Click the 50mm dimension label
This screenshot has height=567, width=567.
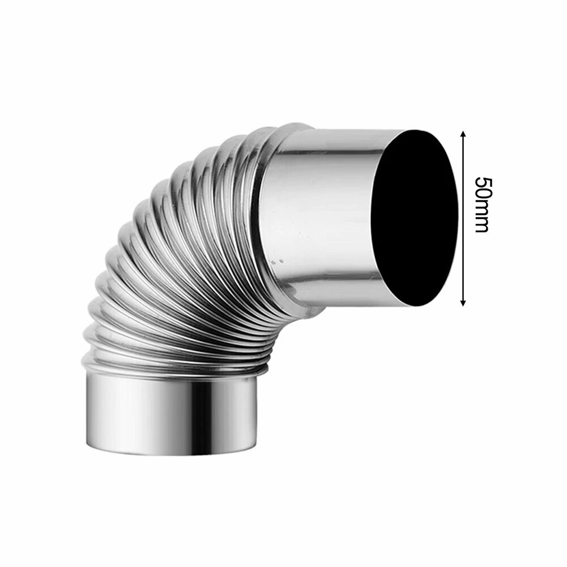point(482,204)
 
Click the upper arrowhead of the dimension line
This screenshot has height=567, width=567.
point(464,134)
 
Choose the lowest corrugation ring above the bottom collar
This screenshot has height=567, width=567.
point(170,367)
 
